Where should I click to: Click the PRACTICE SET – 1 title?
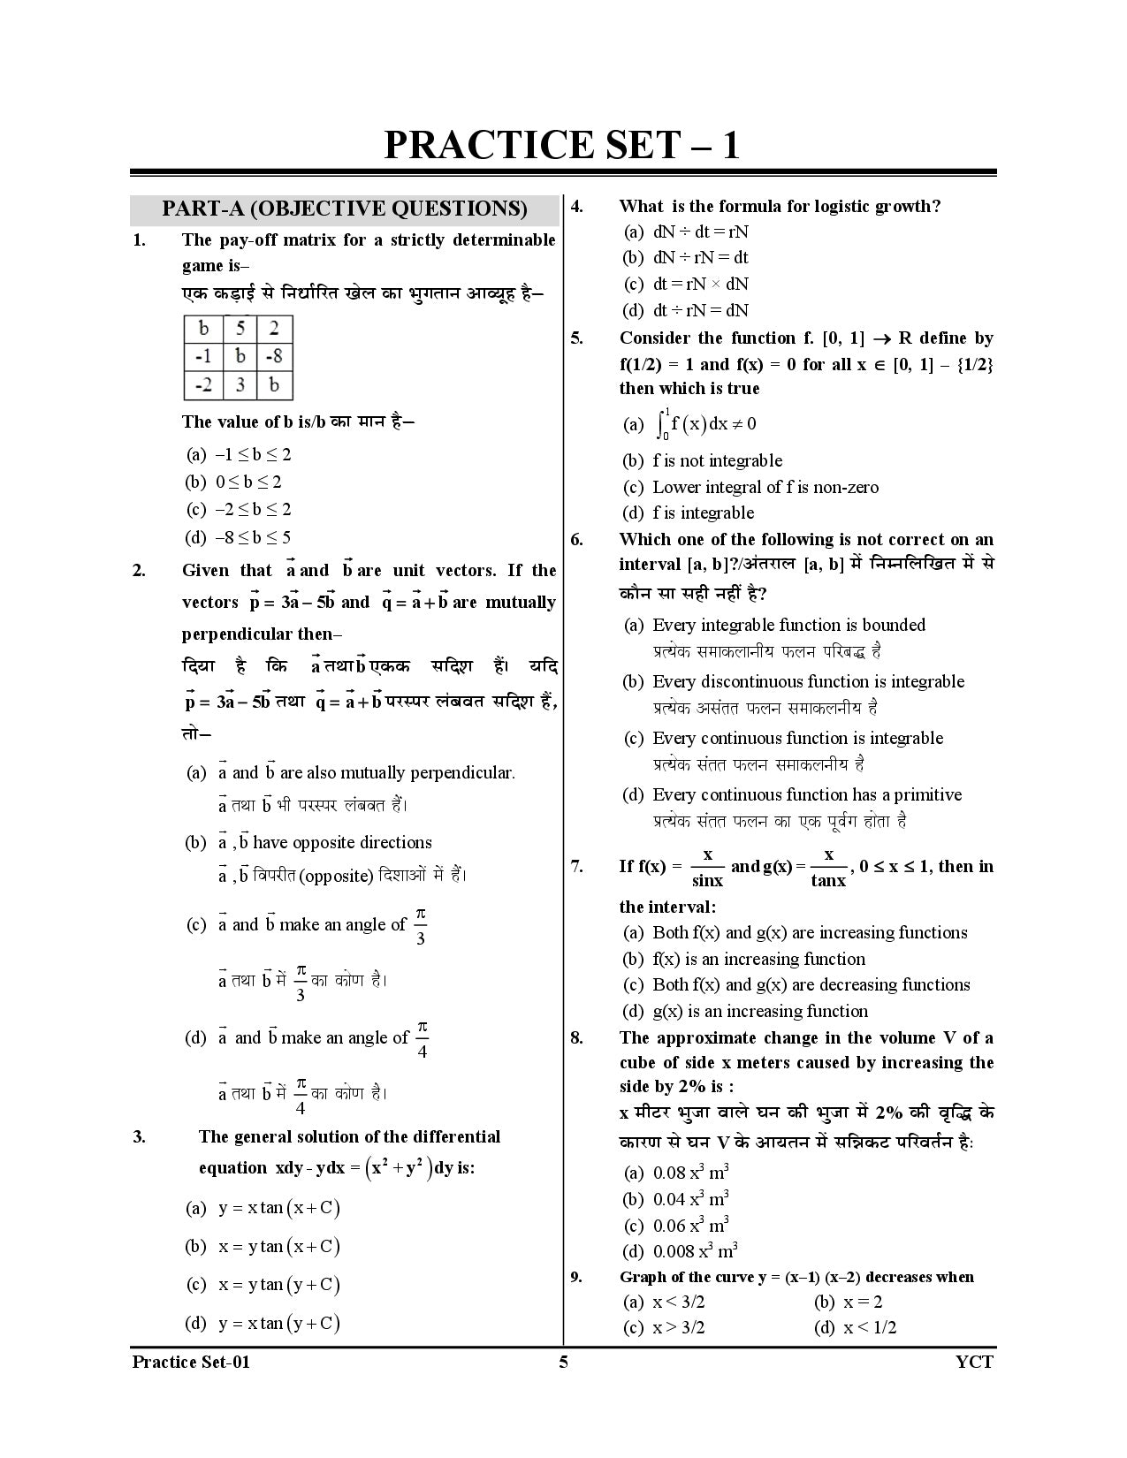pyautogui.click(x=562, y=145)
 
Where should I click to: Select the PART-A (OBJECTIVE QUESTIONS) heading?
pyautogui.click(x=344, y=209)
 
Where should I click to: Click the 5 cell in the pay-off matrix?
pyautogui.click(x=240, y=329)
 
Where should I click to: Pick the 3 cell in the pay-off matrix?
pyautogui.click(x=240, y=385)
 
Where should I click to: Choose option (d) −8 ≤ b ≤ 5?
pyautogui.click(x=237, y=537)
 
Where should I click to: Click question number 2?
pyautogui.click(x=139, y=571)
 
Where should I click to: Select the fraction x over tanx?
pyautogui.click(x=828, y=867)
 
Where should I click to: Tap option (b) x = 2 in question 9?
pyautogui.click(x=848, y=1302)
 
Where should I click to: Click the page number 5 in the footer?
pyautogui.click(x=563, y=1362)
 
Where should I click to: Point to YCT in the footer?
pyautogui.click(x=974, y=1362)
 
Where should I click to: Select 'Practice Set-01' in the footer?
pyautogui.click(x=191, y=1362)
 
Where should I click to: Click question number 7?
pyautogui.click(x=576, y=867)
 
